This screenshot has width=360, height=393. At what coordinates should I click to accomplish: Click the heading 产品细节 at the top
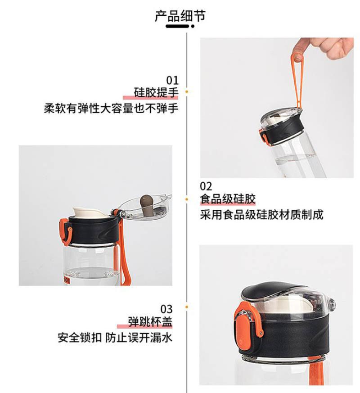(x=180, y=16)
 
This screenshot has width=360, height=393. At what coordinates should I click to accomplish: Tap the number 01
(x=172, y=80)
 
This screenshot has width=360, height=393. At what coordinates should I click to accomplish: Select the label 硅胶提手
(x=156, y=92)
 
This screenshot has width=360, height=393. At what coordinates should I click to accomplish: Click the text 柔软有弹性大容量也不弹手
(x=111, y=108)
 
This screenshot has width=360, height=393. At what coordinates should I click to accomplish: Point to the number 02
(x=206, y=186)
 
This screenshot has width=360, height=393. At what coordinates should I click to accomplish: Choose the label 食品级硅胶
(x=227, y=199)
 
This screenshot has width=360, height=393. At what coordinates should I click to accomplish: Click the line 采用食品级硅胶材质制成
(x=261, y=215)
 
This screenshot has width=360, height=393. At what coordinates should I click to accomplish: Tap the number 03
(x=166, y=309)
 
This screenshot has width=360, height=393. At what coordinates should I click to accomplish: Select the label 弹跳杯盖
(x=150, y=322)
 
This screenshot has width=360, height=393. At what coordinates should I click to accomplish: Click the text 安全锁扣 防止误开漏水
(x=115, y=337)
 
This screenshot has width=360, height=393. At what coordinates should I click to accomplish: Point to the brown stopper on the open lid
(x=147, y=203)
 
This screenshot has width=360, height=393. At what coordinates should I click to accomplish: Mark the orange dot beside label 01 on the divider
(x=187, y=92)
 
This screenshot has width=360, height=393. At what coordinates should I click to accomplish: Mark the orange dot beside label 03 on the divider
(x=187, y=307)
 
